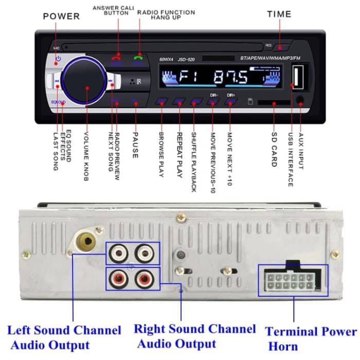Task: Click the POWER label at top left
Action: tap(61, 16)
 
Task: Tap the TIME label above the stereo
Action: tap(279, 14)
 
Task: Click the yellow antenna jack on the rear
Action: tap(85, 240)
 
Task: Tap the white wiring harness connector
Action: tap(291, 281)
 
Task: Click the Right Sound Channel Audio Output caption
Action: tap(194, 336)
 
